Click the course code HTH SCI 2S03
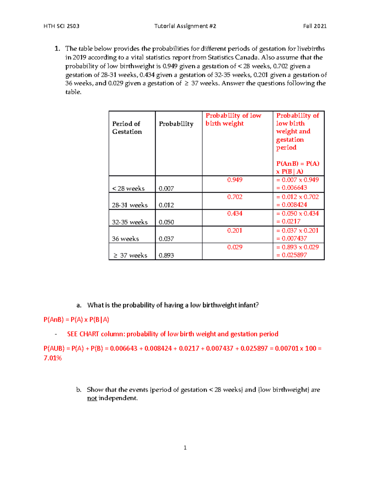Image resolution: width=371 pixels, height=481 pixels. tap(62, 26)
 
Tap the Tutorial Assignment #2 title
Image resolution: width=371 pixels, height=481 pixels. tap(185, 26)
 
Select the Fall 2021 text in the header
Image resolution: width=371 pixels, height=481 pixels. tap(315, 26)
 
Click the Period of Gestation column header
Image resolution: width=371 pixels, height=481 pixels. tap(127, 128)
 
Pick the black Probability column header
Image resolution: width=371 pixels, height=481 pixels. tap(176, 124)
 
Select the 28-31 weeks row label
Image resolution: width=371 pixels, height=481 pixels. tap(130, 205)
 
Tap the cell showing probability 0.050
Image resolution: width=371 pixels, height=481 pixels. tap(166, 222)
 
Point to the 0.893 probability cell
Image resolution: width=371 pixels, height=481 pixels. tap(166, 256)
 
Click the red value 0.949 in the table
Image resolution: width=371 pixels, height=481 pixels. tap(235, 180)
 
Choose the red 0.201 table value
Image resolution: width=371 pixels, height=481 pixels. tap(235, 230)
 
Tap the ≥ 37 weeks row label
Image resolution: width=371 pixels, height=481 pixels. tap(130, 256)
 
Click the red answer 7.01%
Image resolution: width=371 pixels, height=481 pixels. tap(53, 358)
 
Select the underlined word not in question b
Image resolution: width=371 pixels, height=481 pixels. tap(92, 398)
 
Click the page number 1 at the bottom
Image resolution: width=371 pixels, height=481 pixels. tap(185, 448)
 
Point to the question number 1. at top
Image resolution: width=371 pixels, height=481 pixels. tap(57, 49)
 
